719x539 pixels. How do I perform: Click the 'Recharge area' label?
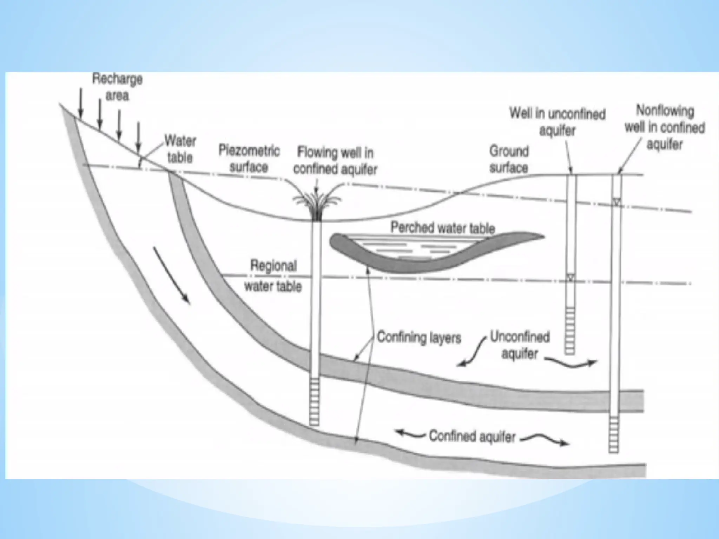click(x=117, y=87)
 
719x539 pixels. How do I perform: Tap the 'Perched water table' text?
click(x=443, y=228)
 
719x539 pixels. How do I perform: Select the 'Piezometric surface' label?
click(x=249, y=159)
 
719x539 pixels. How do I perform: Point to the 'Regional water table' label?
click(x=273, y=276)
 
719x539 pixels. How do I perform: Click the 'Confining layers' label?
click(x=418, y=337)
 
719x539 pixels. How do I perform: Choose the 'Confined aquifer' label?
click(x=472, y=436)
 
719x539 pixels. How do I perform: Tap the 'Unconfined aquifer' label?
click(x=520, y=345)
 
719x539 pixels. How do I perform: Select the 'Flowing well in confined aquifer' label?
click(x=335, y=161)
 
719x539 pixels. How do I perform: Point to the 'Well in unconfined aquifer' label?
click(x=558, y=122)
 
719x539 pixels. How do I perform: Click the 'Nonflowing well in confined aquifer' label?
click(x=665, y=127)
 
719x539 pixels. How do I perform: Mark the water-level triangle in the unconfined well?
click(x=570, y=278)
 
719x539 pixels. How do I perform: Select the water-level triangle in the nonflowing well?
click(x=617, y=202)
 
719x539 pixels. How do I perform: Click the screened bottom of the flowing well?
click(x=314, y=401)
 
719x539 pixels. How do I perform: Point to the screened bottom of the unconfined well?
click(x=570, y=330)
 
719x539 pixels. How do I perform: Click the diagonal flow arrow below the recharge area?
click(x=172, y=275)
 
